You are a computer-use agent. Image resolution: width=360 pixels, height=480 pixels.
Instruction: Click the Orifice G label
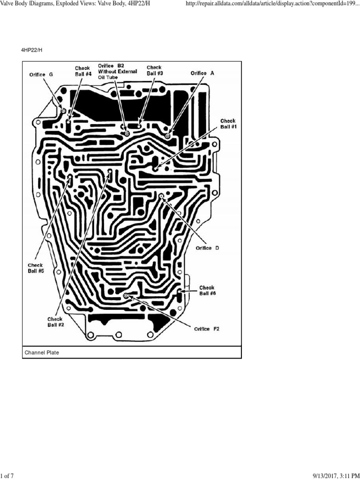point(41,75)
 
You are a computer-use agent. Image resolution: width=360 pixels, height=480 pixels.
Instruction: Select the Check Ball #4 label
point(82,71)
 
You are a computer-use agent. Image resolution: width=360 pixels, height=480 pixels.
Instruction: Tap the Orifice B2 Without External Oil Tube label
point(117,71)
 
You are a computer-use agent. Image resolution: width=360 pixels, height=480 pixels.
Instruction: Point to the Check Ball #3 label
point(155,70)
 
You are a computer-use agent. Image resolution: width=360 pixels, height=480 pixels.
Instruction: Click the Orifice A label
point(202,74)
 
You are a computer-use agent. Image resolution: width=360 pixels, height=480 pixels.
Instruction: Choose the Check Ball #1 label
point(229,124)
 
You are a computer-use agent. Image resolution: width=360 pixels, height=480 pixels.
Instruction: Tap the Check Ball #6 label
point(207,291)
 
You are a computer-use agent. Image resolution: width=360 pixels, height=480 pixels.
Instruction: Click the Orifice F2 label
point(207,329)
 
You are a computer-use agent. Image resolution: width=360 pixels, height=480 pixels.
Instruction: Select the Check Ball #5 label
point(36,268)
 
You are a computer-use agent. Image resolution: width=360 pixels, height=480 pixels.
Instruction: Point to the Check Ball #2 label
point(55,322)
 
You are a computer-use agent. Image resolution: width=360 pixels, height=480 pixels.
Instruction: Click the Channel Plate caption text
point(43,352)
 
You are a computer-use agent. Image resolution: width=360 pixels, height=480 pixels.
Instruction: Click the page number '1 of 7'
point(7,476)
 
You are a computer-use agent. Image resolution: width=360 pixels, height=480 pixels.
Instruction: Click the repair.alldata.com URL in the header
point(273,4)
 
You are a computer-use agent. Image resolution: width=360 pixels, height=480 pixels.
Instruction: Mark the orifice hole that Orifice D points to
point(161,195)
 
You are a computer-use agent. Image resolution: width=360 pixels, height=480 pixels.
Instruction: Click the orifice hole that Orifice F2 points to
point(126,296)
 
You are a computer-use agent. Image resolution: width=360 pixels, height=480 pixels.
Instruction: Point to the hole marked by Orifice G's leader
point(63,111)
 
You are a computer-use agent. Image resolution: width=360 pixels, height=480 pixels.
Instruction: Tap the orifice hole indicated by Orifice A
point(168,136)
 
